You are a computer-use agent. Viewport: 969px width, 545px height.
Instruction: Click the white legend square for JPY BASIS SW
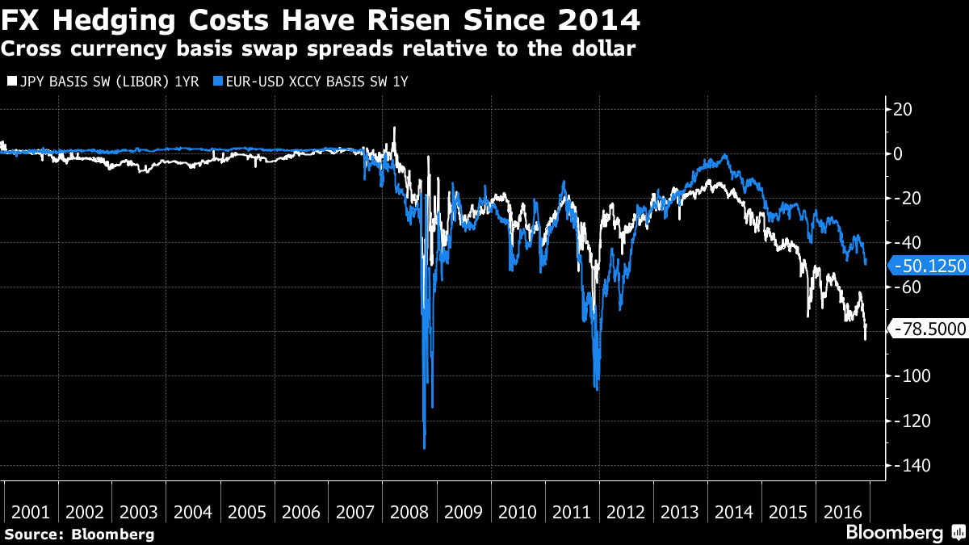tap(10, 82)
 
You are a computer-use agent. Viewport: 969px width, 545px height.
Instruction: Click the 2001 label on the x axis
tap(31, 512)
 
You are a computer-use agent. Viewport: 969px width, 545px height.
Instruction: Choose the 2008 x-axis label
tap(409, 512)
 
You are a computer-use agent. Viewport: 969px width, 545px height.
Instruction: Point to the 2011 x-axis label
tap(572, 512)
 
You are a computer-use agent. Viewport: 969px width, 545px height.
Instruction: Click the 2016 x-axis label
tap(841, 512)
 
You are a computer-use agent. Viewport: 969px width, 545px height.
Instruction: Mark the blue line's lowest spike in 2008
tap(425, 447)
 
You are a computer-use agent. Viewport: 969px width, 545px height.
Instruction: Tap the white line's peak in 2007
tap(393, 128)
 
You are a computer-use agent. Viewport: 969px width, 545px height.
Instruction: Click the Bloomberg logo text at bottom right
tap(894, 532)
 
